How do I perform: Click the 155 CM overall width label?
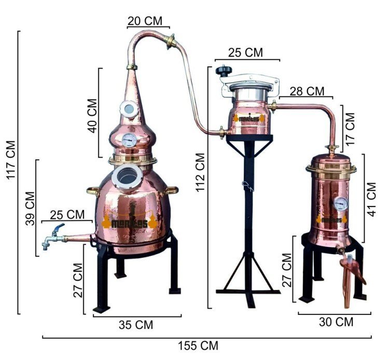[198, 345]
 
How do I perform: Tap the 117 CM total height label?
[11, 160]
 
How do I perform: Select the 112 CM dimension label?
[200, 172]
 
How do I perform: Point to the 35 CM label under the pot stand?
[136, 325]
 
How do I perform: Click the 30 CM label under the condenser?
[336, 322]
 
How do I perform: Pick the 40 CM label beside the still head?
[92, 116]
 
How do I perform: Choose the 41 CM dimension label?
[371, 200]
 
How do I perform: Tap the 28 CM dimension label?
[307, 91]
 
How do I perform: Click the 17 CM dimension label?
[350, 129]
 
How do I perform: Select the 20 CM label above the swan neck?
[145, 21]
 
